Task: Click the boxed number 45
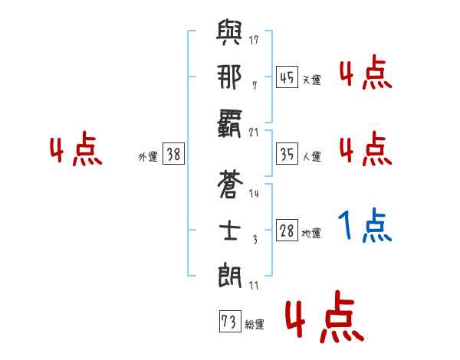(287, 77)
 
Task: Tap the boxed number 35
(287, 154)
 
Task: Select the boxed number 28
(287, 231)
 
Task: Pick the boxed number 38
(173, 154)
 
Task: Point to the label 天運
(311, 80)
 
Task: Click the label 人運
(311, 156)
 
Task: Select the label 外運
(147, 156)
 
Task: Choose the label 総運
(254, 325)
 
